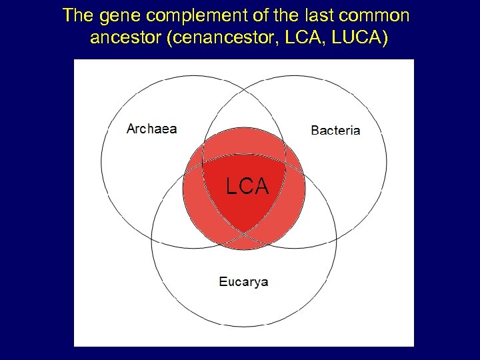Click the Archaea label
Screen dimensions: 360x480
coord(152,129)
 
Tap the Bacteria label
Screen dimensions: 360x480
coord(335,130)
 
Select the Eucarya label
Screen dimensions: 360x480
coord(243,281)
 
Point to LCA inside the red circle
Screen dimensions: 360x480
coord(247,187)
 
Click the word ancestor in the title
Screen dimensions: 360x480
coord(127,37)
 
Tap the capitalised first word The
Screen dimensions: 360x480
coord(76,15)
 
